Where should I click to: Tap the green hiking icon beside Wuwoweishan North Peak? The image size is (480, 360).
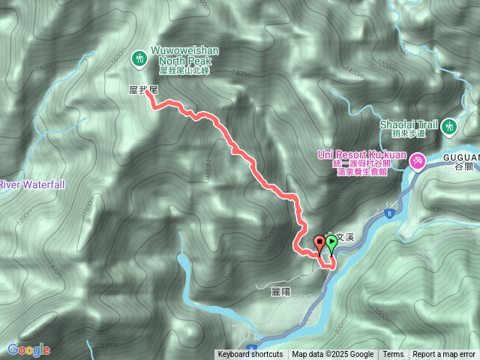click(x=139, y=57)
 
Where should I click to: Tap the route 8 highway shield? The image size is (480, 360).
click(x=390, y=213)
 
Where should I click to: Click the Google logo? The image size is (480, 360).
click(x=28, y=349)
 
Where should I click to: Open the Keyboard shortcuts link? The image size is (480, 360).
click(x=250, y=355)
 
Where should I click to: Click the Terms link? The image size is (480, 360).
click(x=393, y=355)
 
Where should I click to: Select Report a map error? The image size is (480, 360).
click(x=444, y=355)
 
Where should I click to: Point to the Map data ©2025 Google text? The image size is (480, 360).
click(x=333, y=355)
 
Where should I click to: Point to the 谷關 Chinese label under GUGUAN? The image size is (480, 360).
click(x=464, y=169)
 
